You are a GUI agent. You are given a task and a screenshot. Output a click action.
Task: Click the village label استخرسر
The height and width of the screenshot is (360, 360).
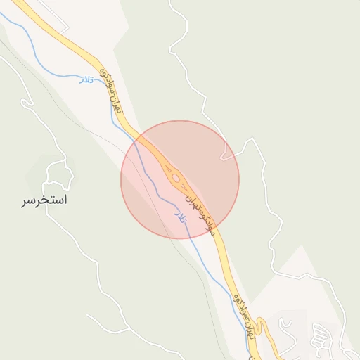[44, 201]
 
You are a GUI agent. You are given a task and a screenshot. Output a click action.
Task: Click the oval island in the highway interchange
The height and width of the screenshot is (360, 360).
[174, 178]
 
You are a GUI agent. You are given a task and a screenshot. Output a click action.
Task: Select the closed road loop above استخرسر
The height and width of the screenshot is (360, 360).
[60, 173]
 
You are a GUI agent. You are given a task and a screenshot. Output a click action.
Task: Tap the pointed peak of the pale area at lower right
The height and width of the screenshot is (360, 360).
[301, 246]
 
